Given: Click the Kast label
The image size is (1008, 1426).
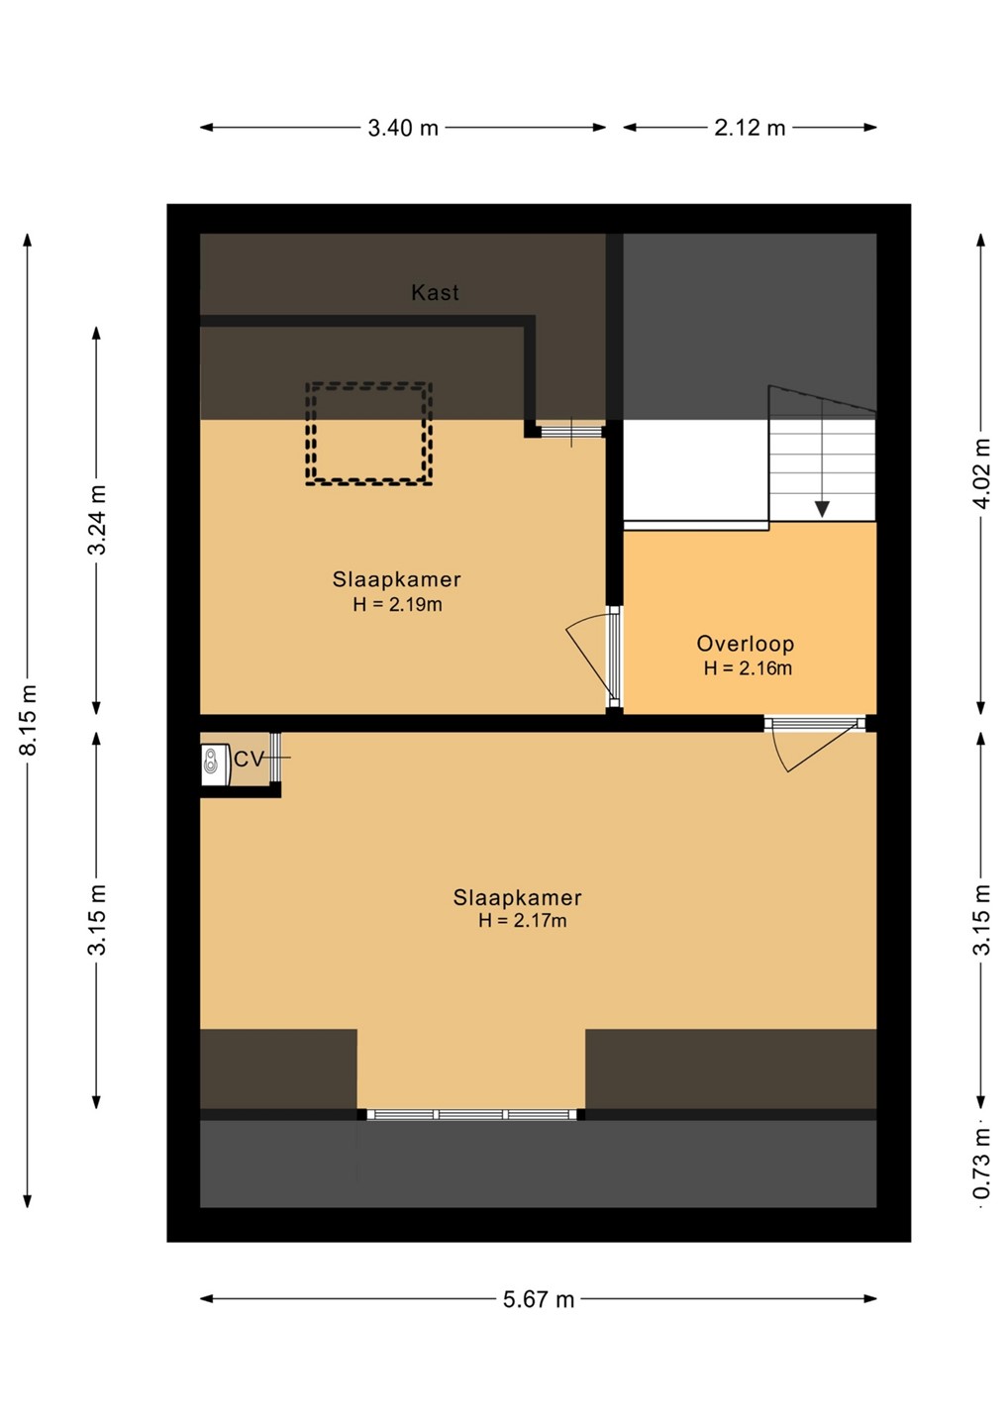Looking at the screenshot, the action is (435, 292).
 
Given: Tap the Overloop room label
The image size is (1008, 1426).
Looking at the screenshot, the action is (746, 644).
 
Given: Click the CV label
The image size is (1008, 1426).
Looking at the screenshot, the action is (249, 760).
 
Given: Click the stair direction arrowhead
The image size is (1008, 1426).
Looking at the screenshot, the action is (822, 509).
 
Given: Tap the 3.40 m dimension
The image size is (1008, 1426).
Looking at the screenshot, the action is (403, 128).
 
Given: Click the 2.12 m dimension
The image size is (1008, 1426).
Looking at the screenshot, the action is (750, 128).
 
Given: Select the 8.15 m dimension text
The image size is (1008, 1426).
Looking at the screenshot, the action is (29, 719).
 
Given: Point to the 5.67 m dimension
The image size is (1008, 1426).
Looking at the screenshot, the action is (539, 1298).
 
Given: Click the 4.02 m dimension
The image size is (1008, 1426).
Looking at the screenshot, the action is (982, 473).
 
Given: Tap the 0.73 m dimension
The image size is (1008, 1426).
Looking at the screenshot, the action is (982, 1163).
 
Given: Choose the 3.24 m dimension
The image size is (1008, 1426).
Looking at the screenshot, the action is (97, 520).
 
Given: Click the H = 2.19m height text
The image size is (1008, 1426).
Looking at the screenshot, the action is (398, 604).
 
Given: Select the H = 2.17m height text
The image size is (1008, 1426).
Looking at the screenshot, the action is (523, 920).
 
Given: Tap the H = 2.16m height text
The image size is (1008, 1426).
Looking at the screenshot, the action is (748, 667).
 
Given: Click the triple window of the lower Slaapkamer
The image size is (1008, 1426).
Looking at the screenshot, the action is (471, 1114).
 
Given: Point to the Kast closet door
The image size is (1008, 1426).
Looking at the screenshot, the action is (570, 431).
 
